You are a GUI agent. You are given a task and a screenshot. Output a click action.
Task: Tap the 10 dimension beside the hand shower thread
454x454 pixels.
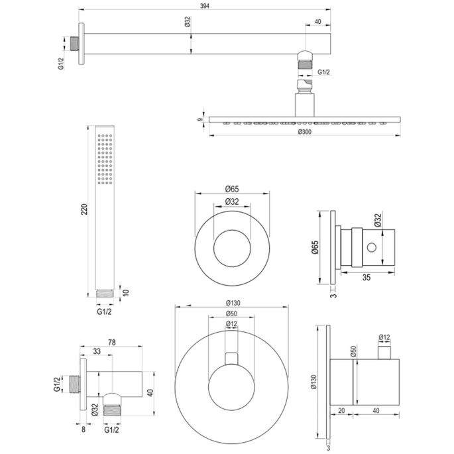pyautogui.click(x=126, y=292)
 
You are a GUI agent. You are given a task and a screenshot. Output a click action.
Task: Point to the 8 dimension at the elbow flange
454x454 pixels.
pyautogui.click(x=82, y=429)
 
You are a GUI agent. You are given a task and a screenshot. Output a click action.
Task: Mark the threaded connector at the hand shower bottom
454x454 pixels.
pyautogui.click(x=104, y=292)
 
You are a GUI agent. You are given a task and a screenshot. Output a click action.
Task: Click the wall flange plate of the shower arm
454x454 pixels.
pyautogui.click(x=82, y=44)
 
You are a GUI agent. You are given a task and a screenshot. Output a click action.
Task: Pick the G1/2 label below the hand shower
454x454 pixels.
pyautogui.click(x=105, y=309)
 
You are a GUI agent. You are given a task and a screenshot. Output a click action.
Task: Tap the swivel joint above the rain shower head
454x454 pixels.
pyautogui.click(x=303, y=85)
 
